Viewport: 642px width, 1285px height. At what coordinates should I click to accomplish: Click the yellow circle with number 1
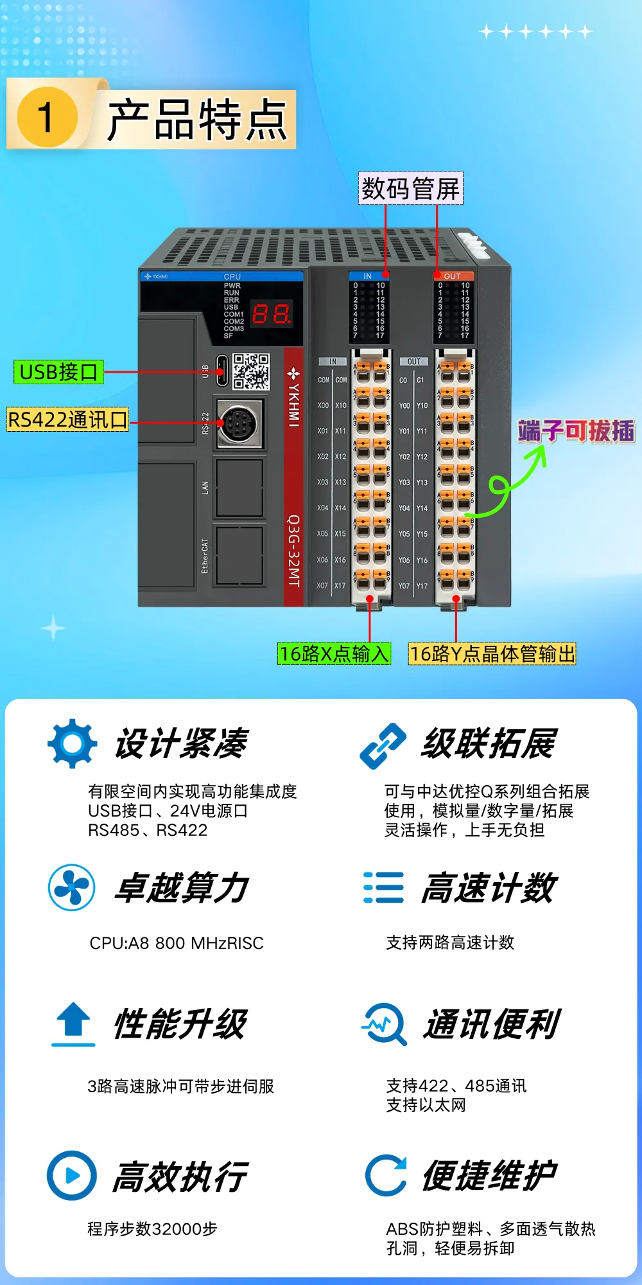point(47,118)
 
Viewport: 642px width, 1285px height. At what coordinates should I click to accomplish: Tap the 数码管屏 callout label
point(411,188)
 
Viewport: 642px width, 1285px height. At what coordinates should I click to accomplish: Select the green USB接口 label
point(58,372)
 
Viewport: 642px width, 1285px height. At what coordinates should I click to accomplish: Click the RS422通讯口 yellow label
point(67,420)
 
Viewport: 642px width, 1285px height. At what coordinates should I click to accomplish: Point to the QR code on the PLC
point(250,371)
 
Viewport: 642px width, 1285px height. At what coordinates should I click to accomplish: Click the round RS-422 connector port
point(239,423)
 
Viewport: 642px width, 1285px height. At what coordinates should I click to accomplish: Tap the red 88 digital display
point(271,314)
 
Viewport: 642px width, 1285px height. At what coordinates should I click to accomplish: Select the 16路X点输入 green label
point(334,653)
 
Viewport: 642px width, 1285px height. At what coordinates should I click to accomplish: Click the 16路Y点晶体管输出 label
point(492,653)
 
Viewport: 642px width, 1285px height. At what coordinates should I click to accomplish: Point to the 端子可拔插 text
point(576,430)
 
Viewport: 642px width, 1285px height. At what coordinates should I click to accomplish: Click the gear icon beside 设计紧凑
point(73,743)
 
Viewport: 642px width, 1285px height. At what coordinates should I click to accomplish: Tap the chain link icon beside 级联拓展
point(383,745)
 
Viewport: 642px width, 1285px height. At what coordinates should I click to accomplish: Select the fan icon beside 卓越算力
point(72,887)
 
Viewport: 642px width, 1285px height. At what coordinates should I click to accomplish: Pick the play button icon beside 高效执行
point(72,1175)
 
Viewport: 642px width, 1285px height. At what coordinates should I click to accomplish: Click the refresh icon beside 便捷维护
point(386,1175)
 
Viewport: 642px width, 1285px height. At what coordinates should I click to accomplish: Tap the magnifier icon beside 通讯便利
point(385,1024)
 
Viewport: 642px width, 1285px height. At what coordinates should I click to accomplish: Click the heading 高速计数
point(489,888)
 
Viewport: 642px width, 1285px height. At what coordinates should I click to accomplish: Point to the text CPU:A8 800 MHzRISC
point(177,943)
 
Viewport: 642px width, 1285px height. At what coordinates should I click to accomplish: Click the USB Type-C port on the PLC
point(221,371)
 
